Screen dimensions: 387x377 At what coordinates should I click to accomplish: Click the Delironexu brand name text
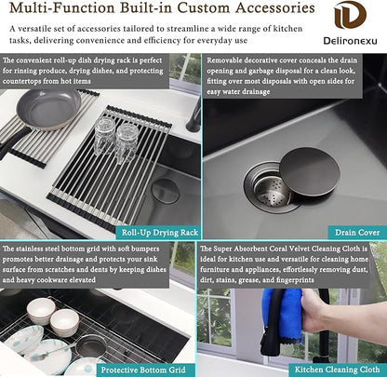[350, 40]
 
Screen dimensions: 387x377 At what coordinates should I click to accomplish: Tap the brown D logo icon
[350, 15]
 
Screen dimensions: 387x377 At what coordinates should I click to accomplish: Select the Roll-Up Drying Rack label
[159, 233]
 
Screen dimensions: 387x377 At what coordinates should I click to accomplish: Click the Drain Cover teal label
[357, 233]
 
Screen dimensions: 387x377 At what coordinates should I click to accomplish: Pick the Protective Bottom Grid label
[143, 370]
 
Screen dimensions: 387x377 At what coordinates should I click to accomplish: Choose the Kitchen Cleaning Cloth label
[338, 370]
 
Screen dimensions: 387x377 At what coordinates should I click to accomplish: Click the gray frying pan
[48, 110]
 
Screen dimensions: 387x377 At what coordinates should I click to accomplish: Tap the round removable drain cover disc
[305, 172]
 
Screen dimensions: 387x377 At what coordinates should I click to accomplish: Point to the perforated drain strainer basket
[272, 190]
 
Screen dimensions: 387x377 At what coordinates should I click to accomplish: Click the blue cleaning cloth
[284, 315]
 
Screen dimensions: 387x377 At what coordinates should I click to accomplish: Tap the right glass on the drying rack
[127, 142]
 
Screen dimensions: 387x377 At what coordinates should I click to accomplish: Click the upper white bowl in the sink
[41, 311]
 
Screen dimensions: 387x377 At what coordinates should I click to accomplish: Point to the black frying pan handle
[14, 141]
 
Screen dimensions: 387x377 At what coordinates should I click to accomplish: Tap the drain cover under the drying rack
[166, 190]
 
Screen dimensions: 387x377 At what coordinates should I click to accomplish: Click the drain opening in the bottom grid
[91, 346]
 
